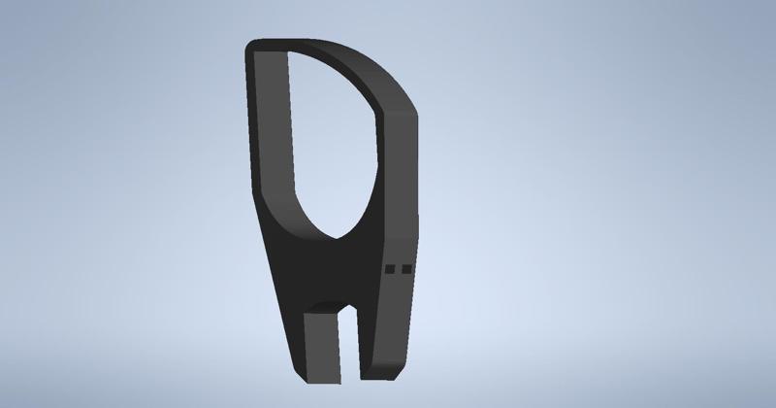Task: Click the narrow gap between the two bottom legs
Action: click(x=348, y=340)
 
